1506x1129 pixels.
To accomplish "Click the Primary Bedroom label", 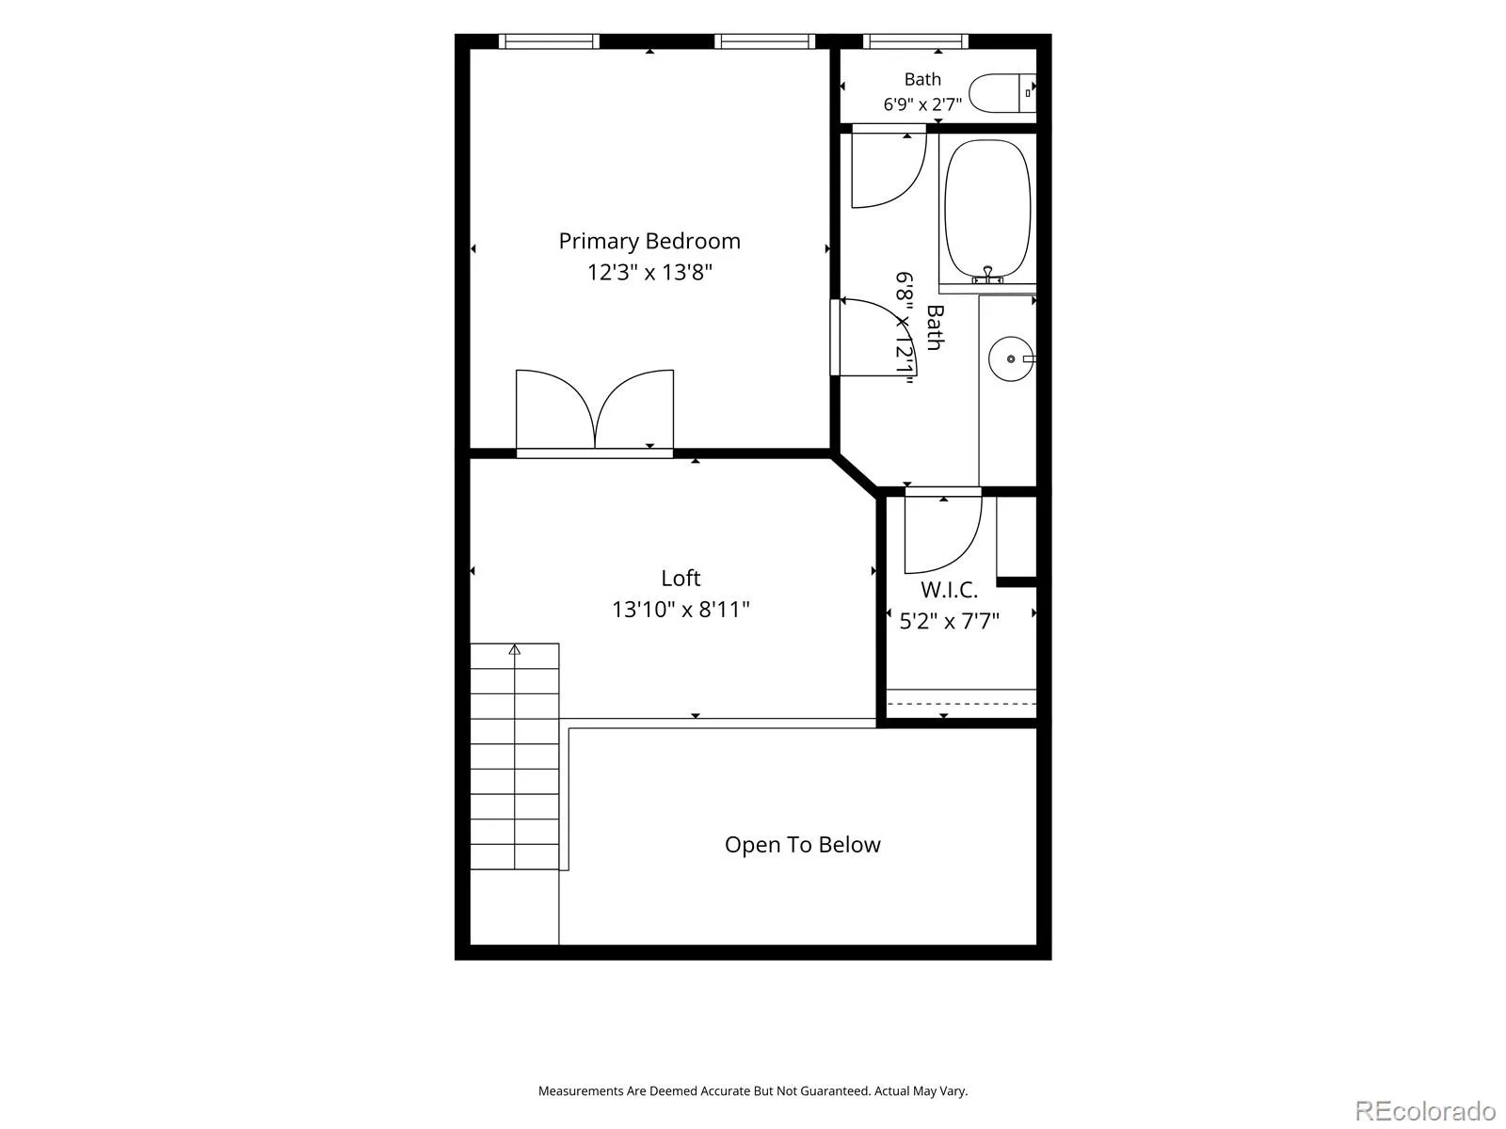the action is tap(649, 241).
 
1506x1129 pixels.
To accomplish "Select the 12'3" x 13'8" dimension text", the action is tap(649, 272).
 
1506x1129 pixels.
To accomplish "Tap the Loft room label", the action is tap(681, 578).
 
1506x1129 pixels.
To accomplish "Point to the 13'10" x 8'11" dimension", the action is tap(681, 610).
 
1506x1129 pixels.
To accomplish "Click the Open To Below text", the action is tap(802, 845).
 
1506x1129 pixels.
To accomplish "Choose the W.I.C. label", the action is tap(949, 590).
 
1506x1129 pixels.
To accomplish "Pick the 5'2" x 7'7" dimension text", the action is tap(949, 621).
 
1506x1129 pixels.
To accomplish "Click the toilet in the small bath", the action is tap(1002, 92).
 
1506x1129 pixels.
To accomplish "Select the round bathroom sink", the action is tap(1011, 358).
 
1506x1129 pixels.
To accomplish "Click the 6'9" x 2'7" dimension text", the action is tap(922, 104).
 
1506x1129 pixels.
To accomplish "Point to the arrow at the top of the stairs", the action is tap(515, 649).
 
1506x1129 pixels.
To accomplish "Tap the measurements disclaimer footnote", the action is tap(753, 1090).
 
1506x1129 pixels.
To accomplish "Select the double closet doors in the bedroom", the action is tap(595, 409).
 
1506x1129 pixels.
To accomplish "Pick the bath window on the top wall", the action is tap(916, 41).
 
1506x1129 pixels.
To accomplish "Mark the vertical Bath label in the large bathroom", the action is tap(935, 327).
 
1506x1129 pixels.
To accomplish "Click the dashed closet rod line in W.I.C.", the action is tap(961, 704).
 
